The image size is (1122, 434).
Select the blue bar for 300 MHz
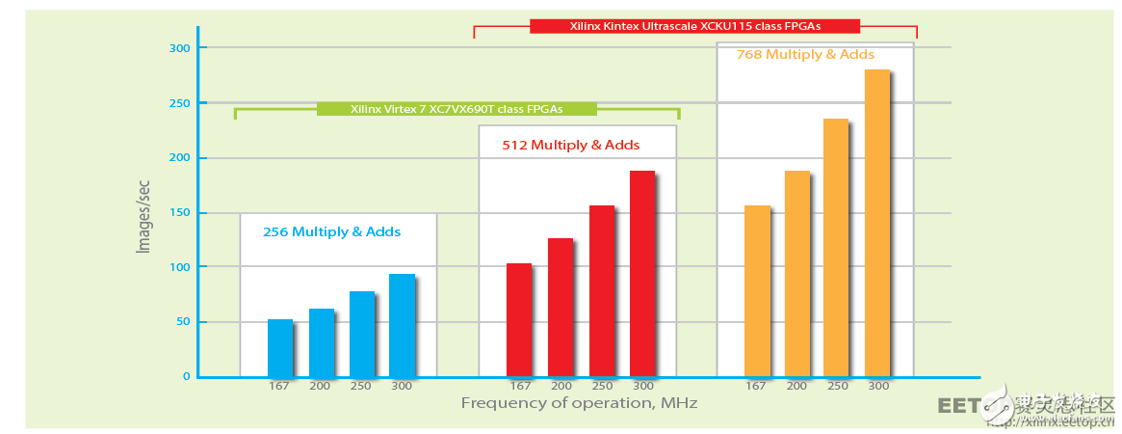[402, 325]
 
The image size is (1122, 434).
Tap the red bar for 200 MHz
[561, 307]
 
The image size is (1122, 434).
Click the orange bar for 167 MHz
[758, 290]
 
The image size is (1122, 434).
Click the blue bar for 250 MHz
[361, 334]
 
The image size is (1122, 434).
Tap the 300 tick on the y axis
[181, 48]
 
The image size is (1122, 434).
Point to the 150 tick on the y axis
[181, 212]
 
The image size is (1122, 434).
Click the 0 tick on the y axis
[187, 377]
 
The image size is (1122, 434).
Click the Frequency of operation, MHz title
[578, 402]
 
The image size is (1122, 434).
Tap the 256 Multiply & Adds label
[332, 232]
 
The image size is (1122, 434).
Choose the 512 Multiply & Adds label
[571, 146]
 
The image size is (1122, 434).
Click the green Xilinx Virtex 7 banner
[457, 109]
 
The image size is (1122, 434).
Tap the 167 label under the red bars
[519, 386]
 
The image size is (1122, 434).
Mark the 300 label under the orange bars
[877, 386]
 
